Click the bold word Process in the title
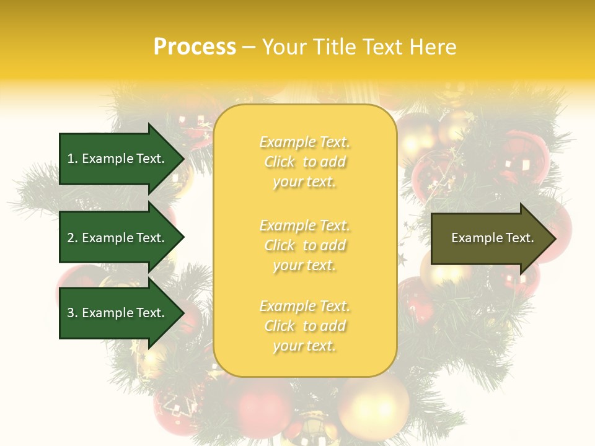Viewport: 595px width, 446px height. click(195, 47)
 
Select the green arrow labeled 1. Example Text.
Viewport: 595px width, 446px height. click(118, 159)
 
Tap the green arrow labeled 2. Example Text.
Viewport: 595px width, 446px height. click(118, 238)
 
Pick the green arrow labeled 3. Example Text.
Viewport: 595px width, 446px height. click(118, 313)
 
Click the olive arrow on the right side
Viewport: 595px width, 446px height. click(490, 238)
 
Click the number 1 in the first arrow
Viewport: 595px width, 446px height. click(70, 159)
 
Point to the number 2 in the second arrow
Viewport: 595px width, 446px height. click(70, 238)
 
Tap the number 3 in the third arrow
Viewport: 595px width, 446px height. click(70, 313)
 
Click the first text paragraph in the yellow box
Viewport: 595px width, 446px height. click(304, 162)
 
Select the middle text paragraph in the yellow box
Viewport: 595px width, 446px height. click(304, 245)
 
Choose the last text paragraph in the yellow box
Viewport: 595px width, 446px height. click(304, 326)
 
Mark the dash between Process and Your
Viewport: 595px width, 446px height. click(249, 48)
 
